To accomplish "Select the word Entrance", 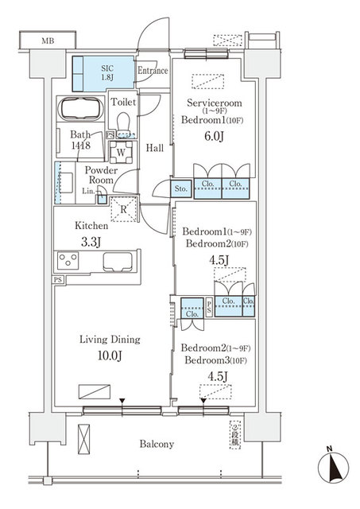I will coord(153,71).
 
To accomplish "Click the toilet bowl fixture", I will coord(122,122).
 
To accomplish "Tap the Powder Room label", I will coord(101,175).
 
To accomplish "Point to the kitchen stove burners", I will coord(68,261).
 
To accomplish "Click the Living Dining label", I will coord(109,339).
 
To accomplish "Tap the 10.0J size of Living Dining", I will coord(109,356).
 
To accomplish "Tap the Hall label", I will coord(154,149).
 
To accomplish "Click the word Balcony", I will coord(154,444).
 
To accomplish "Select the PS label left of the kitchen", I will coord(58,280).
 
